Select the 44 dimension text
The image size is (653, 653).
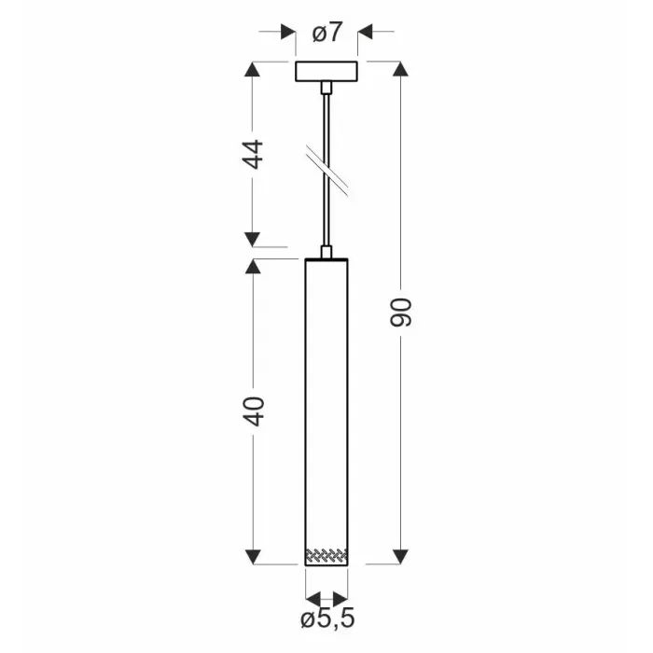pyautogui.click(x=253, y=153)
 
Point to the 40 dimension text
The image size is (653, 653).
pyautogui.click(x=253, y=411)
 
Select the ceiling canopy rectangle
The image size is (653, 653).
pyautogui.click(x=326, y=71)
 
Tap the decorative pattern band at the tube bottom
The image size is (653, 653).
pyautogui.click(x=326, y=556)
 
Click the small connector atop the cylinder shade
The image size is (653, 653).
pyautogui.click(x=326, y=251)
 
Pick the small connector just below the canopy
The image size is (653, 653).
pyautogui.click(x=326, y=88)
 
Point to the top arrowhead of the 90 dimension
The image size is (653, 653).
pyautogui.click(x=400, y=70)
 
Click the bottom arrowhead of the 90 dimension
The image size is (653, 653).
pyautogui.click(x=400, y=556)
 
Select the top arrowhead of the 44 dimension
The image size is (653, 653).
pyautogui.click(x=253, y=70)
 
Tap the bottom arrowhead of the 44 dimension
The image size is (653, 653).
pyautogui.click(x=253, y=239)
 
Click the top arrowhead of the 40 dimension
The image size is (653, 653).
pyautogui.click(x=253, y=267)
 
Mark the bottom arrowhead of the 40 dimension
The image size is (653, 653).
pyautogui.click(x=253, y=556)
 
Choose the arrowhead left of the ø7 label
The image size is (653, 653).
pyautogui.click(x=289, y=33)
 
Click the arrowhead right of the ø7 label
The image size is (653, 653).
pyautogui.click(x=365, y=33)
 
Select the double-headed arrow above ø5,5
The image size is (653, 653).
pyautogui.click(x=326, y=598)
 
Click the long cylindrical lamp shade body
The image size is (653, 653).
pyautogui.click(x=326, y=401)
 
